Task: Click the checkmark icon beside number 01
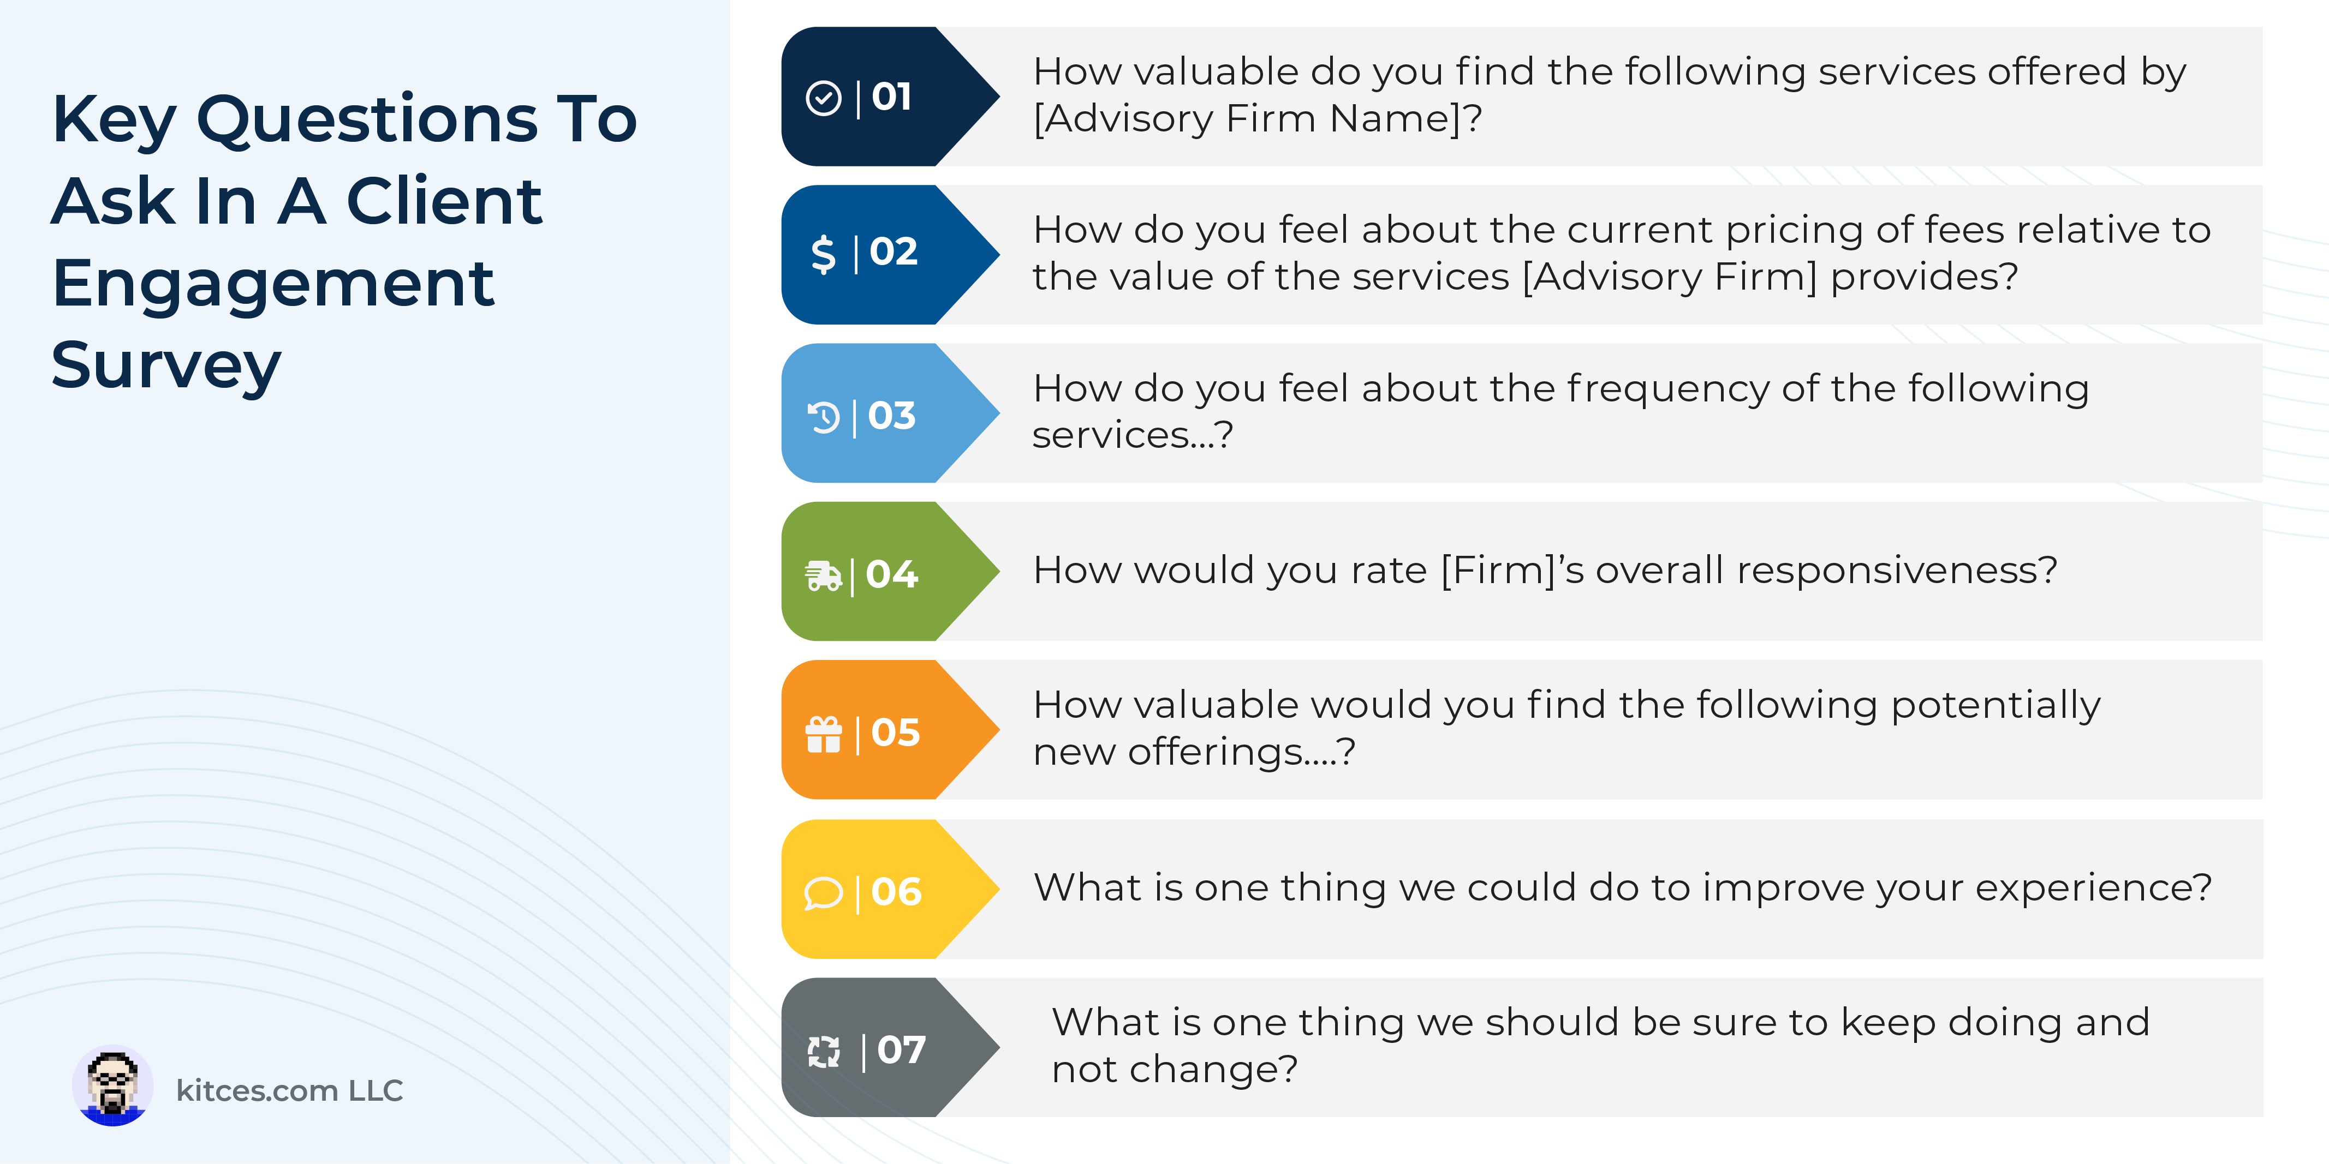pos(823,98)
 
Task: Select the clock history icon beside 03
pos(823,417)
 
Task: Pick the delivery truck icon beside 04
pos(823,575)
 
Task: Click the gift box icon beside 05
pos(823,734)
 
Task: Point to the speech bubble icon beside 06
pos(823,893)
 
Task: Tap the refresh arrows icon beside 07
pos(823,1051)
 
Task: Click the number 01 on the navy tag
pos(891,97)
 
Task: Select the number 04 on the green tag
pos(891,574)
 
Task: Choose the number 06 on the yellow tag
pos(896,892)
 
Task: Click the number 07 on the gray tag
pos(901,1050)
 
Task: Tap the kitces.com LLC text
pos(289,1091)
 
